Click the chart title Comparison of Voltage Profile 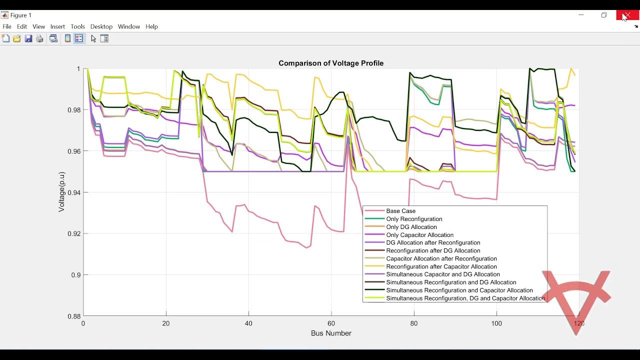[x=331, y=63]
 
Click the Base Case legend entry [x=400, y=211]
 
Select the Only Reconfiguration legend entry [x=414, y=219]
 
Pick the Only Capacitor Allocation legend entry [x=419, y=235]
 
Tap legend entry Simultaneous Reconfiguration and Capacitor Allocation [x=459, y=290]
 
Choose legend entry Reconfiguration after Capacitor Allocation [x=441, y=266]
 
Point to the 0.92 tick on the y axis [x=74, y=233]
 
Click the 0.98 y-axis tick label [x=74, y=110]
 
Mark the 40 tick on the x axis [x=248, y=323]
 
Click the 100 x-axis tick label [x=496, y=323]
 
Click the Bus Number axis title [x=331, y=333]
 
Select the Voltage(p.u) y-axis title [x=61, y=192]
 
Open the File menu [x=7, y=26]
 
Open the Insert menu [x=57, y=26]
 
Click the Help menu [x=151, y=26]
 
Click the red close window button [x=627, y=15]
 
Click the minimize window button [x=581, y=15]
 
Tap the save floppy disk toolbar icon [x=28, y=38]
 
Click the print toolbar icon [x=40, y=38]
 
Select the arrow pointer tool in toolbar [x=93, y=38]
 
